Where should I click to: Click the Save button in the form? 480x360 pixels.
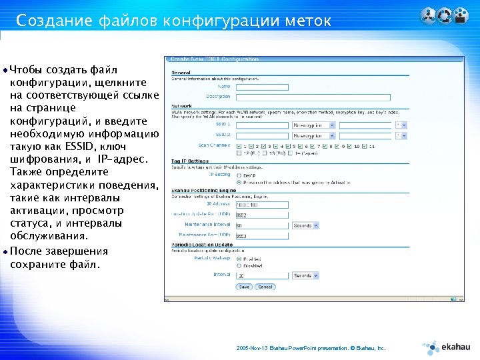(x=244, y=287)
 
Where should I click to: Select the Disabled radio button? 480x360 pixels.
(x=239, y=265)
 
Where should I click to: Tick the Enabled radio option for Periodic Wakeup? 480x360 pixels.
(x=239, y=258)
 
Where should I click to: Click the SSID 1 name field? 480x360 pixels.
(x=261, y=124)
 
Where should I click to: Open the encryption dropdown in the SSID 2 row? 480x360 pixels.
(x=315, y=135)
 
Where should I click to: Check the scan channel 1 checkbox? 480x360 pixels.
(x=239, y=145)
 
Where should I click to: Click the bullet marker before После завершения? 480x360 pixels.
(x=6, y=252)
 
